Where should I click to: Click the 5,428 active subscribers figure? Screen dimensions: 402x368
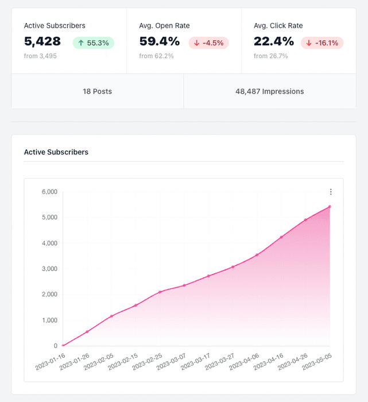click(x=42, y=41)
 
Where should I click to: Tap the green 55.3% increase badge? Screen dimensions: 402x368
click(x=94, y=42)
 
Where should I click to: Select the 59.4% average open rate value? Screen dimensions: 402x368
click(x=160, y=41)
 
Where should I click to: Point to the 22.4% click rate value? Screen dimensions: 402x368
click(x=274, y=41)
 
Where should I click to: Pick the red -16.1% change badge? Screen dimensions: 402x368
click(x=322, y=42)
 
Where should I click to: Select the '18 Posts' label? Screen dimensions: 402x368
click(x=98, y=91)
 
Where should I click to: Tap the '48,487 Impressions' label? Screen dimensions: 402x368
click(x=270, y=91)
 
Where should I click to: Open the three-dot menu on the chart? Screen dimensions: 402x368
click(x=331, y=192)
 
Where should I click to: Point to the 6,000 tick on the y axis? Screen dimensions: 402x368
click(x=49, y=192)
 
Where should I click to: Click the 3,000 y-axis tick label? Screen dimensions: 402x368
click(x=49, y=269)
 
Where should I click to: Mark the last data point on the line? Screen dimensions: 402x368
click(x=330, y=206)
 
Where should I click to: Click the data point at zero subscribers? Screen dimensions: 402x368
click(x=63, y=346)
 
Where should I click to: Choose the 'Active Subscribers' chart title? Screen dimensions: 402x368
click(x=56, y=152)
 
